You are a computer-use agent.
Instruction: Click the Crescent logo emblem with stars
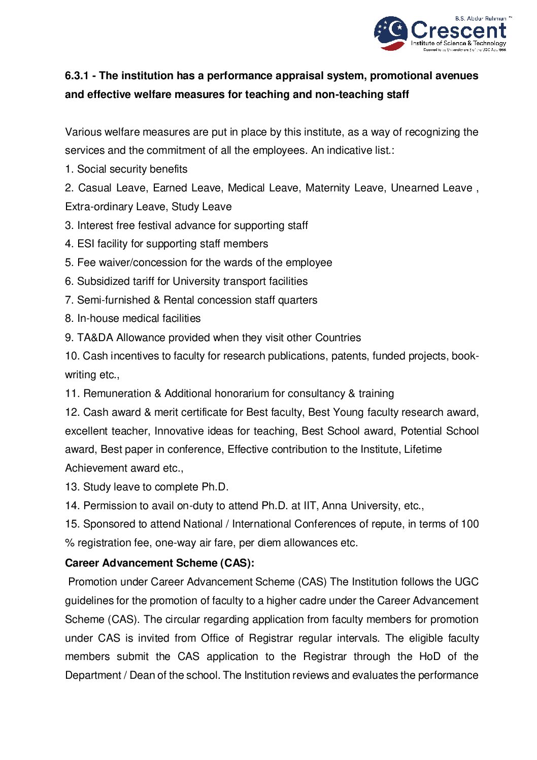[x=390, y=33]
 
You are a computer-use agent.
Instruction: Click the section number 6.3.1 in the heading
[x=77, y=76]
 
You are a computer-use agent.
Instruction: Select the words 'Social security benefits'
[x=132, y=169]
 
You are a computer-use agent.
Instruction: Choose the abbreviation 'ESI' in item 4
[x=86, y=244]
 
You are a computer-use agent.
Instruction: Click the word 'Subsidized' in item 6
[x=102, y=281]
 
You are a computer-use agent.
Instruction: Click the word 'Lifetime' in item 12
[x=423, y=449]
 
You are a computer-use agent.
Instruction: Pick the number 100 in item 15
[x=469, y=524]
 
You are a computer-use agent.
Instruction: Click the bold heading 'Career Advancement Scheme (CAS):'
[x=159, y=563]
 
